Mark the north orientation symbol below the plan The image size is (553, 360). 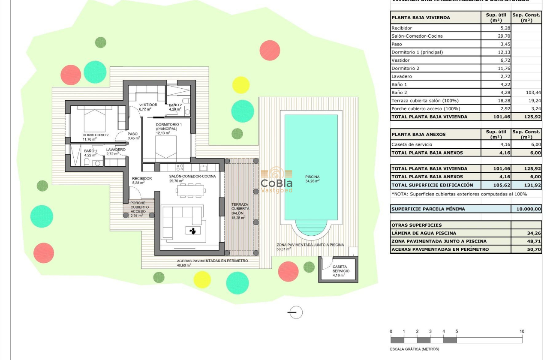(x=295, y=312)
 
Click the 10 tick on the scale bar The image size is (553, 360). (x=522, y=331)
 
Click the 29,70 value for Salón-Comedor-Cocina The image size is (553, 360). (x=496, y=36)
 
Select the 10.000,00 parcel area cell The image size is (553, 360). (x=526, y=209)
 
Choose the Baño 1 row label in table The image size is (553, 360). (x=399, y=84)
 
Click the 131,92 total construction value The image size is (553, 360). (x=526, y=185)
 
